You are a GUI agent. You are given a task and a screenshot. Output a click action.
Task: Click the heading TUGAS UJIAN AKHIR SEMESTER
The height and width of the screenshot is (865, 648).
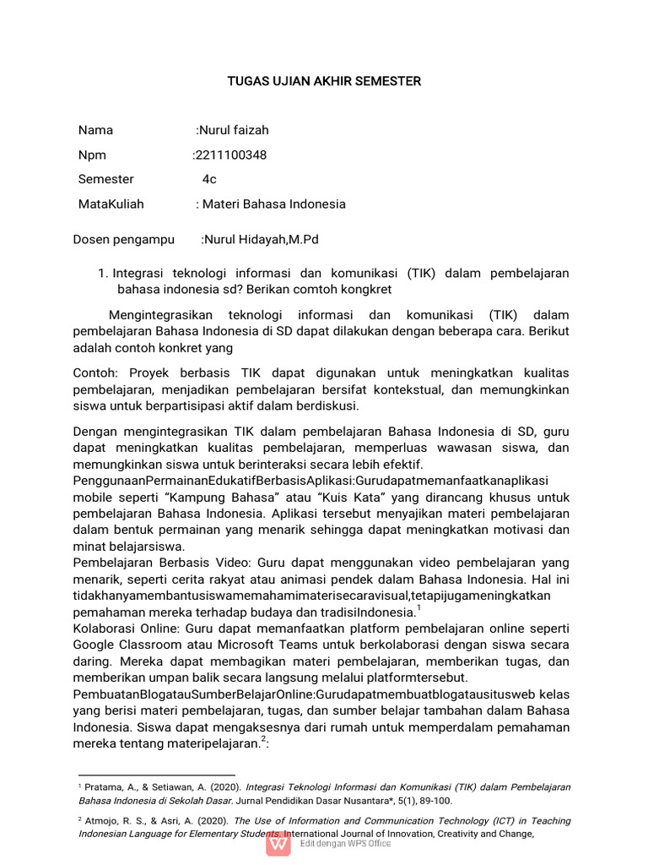click(324, 81)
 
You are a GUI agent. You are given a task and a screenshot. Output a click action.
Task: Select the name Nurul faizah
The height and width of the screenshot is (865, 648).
click(234, 130)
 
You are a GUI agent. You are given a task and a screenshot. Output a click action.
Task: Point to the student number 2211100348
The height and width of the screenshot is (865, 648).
click(229, 155)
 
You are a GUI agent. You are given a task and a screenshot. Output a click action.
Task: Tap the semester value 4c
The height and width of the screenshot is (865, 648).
click(209, 179)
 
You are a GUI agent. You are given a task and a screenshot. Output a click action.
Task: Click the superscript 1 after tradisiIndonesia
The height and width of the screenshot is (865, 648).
click(418, 607)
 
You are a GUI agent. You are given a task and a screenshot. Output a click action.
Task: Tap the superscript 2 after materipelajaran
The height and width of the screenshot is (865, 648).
click(263, 739)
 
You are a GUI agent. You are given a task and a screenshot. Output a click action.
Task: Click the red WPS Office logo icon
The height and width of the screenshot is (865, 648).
click(278, 843)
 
